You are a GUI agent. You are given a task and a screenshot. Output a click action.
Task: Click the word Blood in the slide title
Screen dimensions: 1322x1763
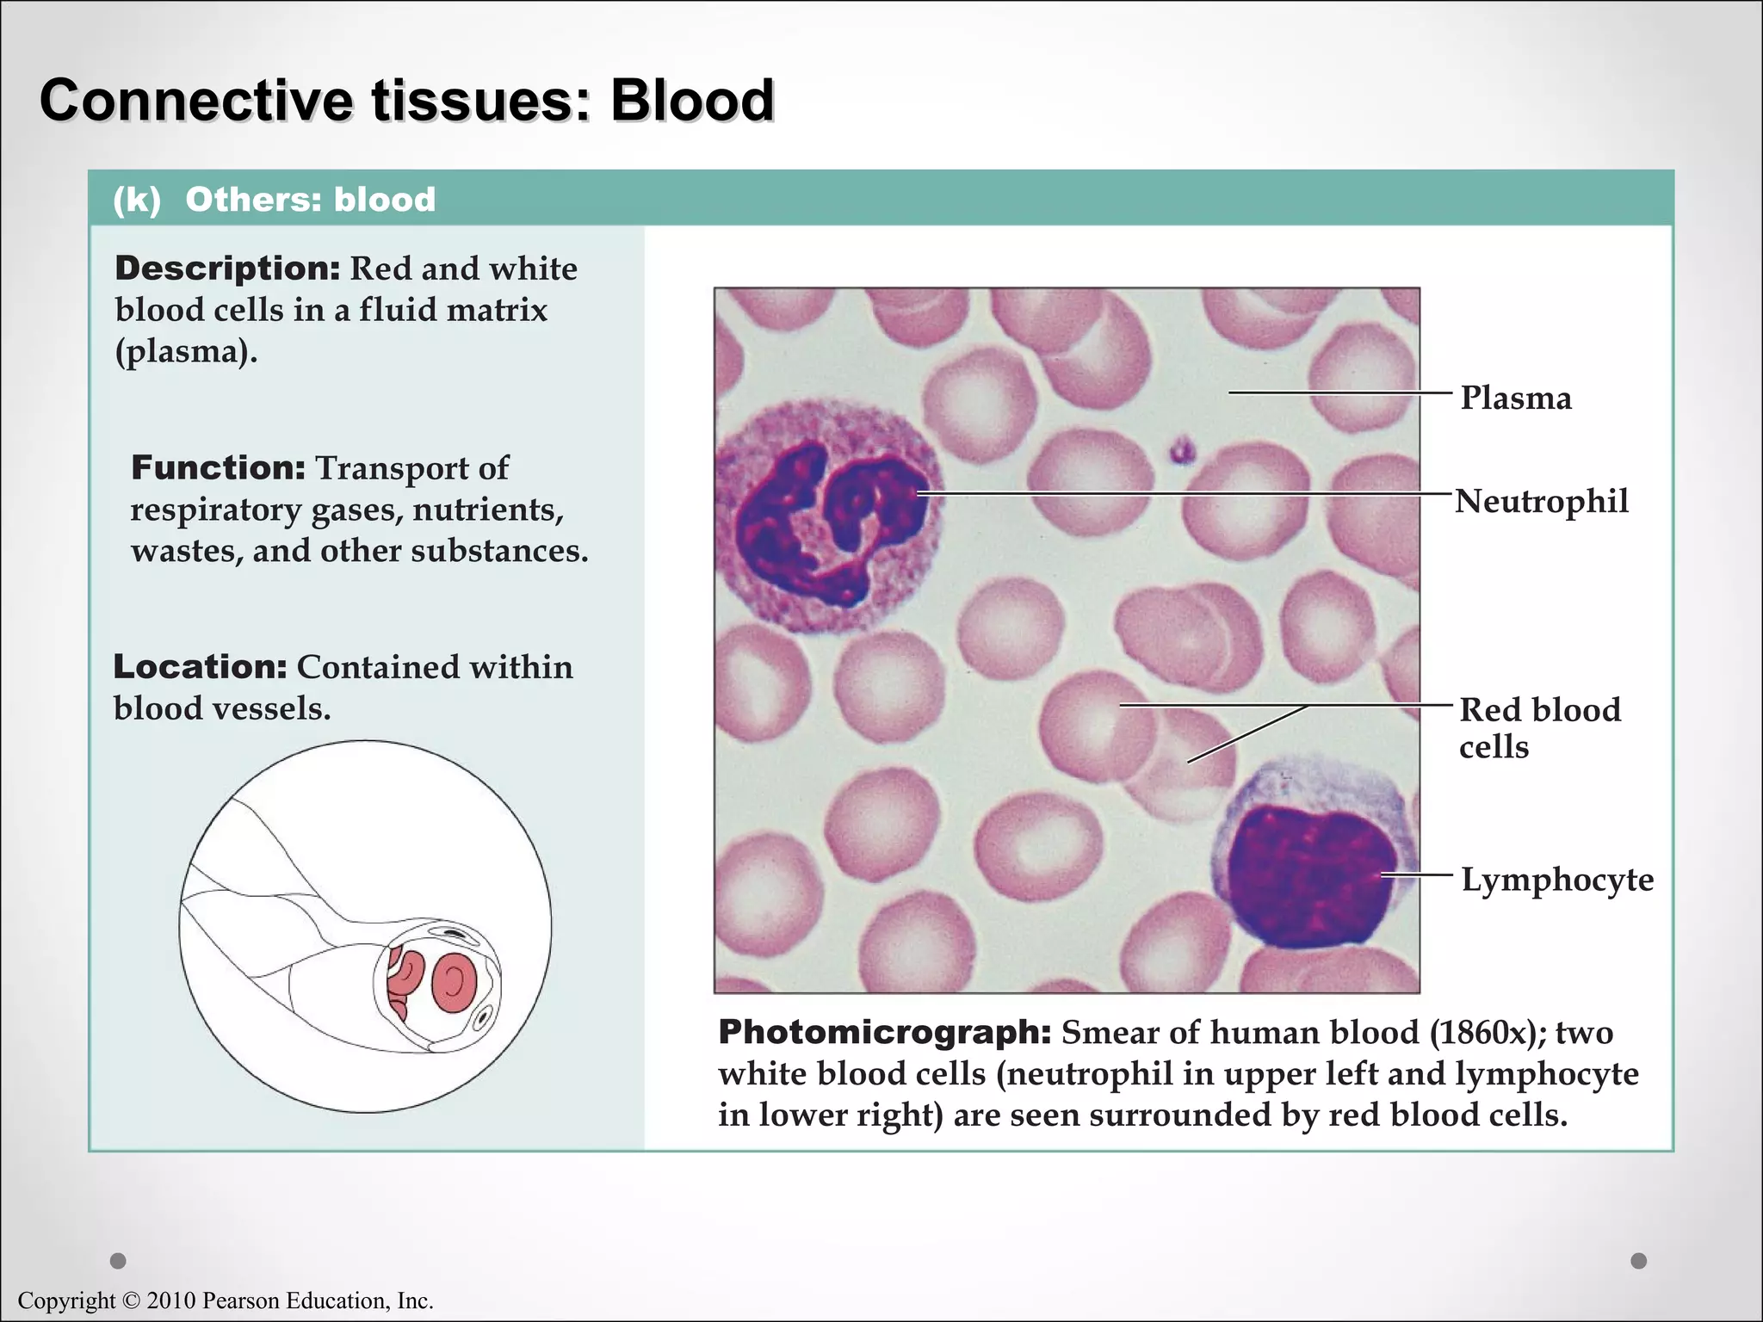(692, 101)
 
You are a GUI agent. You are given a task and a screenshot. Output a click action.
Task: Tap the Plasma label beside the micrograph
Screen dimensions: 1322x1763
(1515, 398)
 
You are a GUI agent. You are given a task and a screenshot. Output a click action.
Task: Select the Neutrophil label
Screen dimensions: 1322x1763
(1541, 501)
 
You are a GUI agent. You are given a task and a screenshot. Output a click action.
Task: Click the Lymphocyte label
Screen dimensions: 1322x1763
(1556, 880)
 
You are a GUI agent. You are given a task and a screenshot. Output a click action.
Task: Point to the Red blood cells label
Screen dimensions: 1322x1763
(1539, 727)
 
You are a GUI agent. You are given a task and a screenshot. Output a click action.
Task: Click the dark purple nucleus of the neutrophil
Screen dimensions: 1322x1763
(826, 516)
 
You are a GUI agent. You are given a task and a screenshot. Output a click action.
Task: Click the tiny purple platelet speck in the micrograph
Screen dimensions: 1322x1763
(1181, 450)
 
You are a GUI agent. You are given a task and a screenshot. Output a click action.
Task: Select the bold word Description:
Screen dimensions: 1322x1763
(228, 269)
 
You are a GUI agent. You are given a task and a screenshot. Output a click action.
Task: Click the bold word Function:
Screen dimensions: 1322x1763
(218, 468)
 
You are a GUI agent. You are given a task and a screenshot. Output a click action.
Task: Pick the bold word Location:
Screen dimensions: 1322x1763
(200, 667)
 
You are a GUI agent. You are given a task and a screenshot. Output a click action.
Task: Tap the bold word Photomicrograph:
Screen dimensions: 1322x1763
(884, 1032)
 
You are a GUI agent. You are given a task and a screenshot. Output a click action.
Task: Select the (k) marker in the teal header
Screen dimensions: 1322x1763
(137, 200)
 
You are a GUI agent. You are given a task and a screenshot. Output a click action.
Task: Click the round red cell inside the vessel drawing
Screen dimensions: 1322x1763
(454, 981)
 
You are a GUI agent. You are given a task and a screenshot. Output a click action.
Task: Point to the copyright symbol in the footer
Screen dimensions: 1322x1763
(130, 1300)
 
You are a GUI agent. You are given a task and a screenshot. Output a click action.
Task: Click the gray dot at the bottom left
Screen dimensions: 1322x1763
(119, 1261)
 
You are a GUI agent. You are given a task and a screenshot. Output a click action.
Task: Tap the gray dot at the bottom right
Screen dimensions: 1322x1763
(1638, 1261)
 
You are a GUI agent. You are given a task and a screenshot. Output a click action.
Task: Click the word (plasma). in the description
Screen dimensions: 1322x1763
(186, 351)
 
